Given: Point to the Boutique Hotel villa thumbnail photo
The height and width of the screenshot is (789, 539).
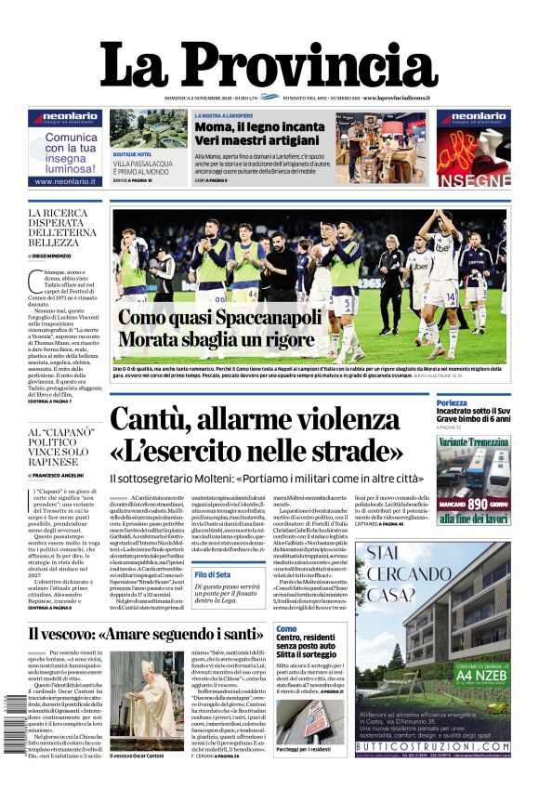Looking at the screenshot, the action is tap(144, 130).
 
